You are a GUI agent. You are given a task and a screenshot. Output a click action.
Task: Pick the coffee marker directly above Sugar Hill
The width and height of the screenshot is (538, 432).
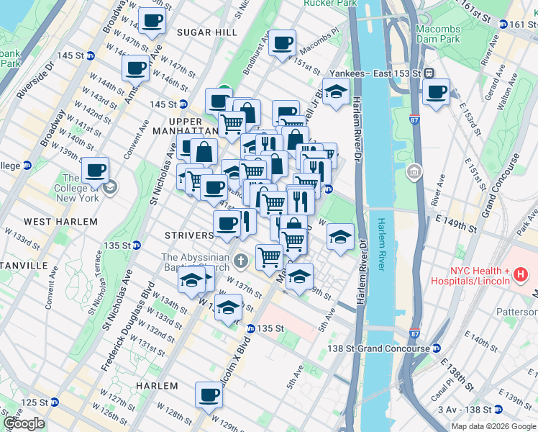[152, 21]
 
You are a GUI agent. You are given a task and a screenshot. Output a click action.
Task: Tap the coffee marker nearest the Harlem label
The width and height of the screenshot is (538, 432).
[209, 394]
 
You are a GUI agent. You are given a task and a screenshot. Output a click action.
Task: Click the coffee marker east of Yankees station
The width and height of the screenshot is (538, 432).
[436, 91]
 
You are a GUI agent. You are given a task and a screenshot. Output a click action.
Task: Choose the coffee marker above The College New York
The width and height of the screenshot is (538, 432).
[95, 170]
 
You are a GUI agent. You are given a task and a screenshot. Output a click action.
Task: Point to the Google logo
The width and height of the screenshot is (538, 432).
[24, 423]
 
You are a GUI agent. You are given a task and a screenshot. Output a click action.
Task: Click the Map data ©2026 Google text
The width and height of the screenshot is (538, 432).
[493, 426]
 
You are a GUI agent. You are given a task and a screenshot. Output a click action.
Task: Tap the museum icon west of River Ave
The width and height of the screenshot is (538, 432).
[414, 172]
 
